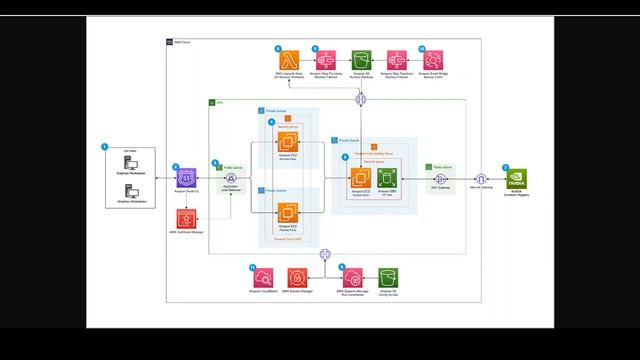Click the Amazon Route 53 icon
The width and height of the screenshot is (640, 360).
pos(185,179)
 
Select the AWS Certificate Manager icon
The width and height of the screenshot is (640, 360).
pos(185,217)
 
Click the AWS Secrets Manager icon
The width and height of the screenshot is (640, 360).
pos(299,277)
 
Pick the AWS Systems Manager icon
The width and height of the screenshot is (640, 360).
pos(354,277)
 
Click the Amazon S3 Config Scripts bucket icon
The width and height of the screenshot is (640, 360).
pos(389,277)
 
